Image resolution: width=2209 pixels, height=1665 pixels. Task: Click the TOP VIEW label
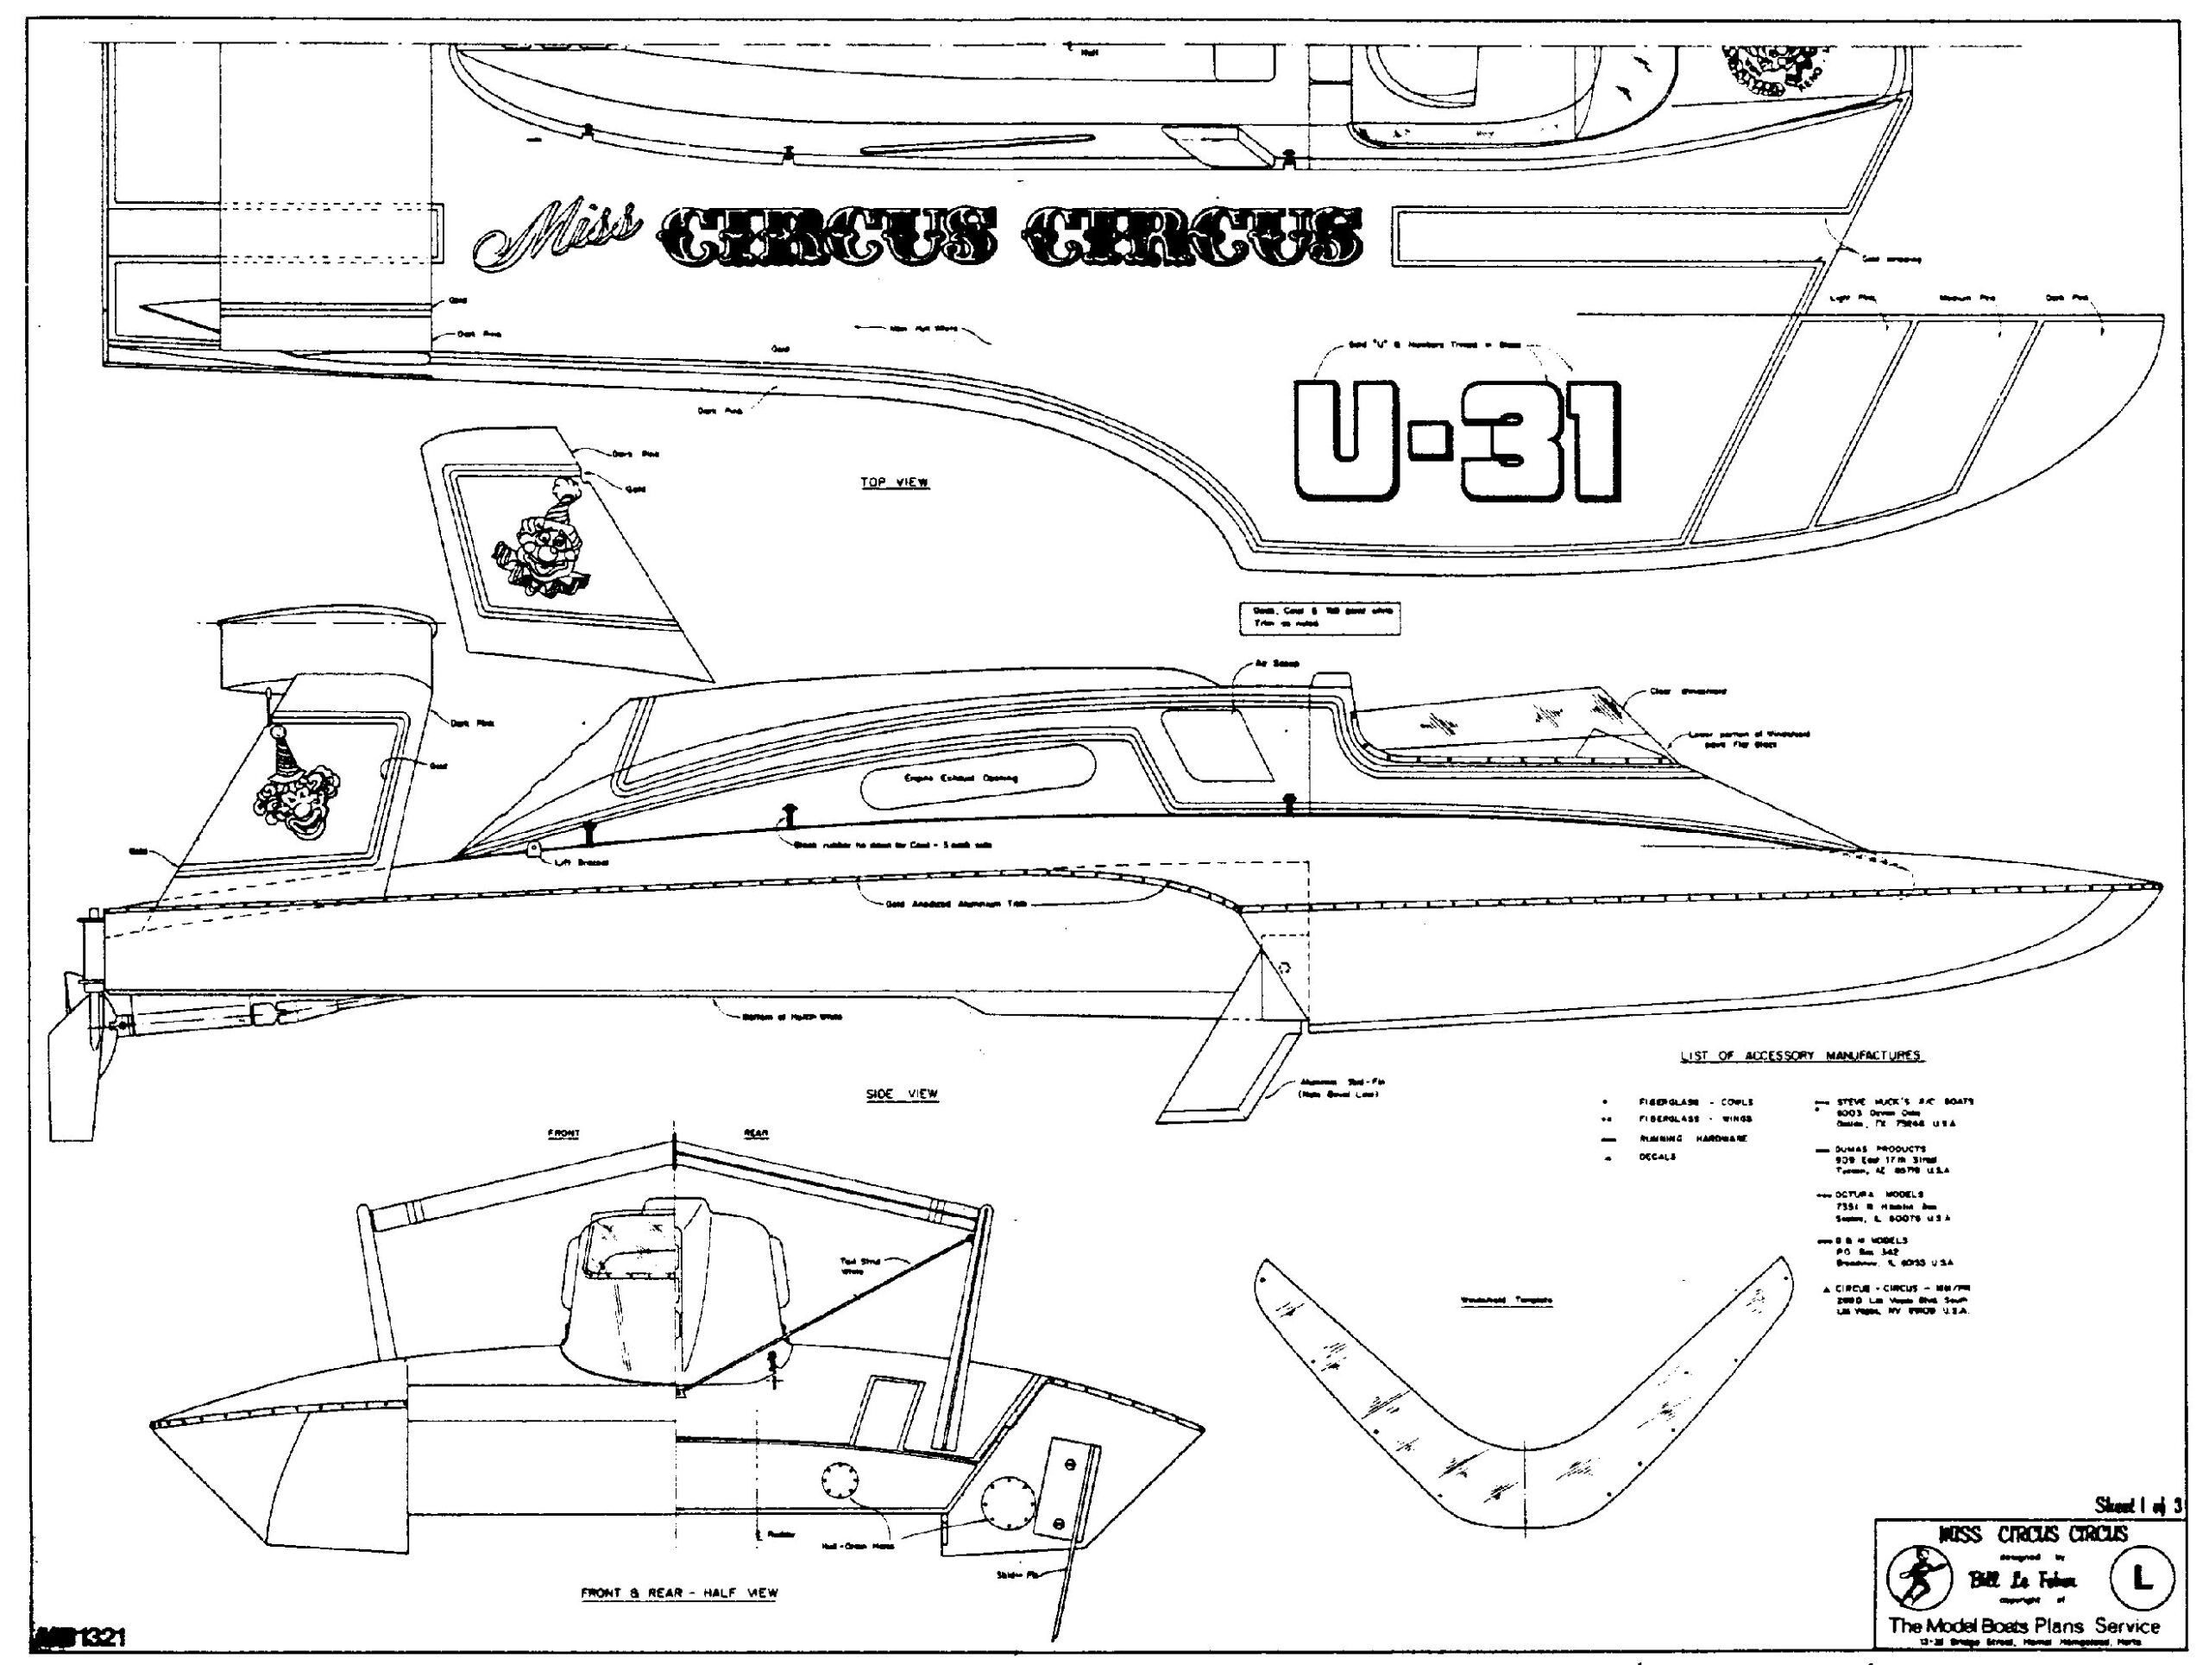895,482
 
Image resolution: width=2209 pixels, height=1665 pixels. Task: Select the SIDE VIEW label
902,1094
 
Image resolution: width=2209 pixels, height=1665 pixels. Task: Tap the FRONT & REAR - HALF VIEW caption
679,1593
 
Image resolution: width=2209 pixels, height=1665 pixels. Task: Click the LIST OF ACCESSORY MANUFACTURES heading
1802,1056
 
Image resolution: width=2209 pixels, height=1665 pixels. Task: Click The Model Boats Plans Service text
2023,1626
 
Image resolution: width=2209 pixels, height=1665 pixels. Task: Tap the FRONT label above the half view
564,1133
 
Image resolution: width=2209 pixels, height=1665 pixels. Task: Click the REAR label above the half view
756,1133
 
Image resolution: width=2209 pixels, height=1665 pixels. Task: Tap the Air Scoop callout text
1277,663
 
